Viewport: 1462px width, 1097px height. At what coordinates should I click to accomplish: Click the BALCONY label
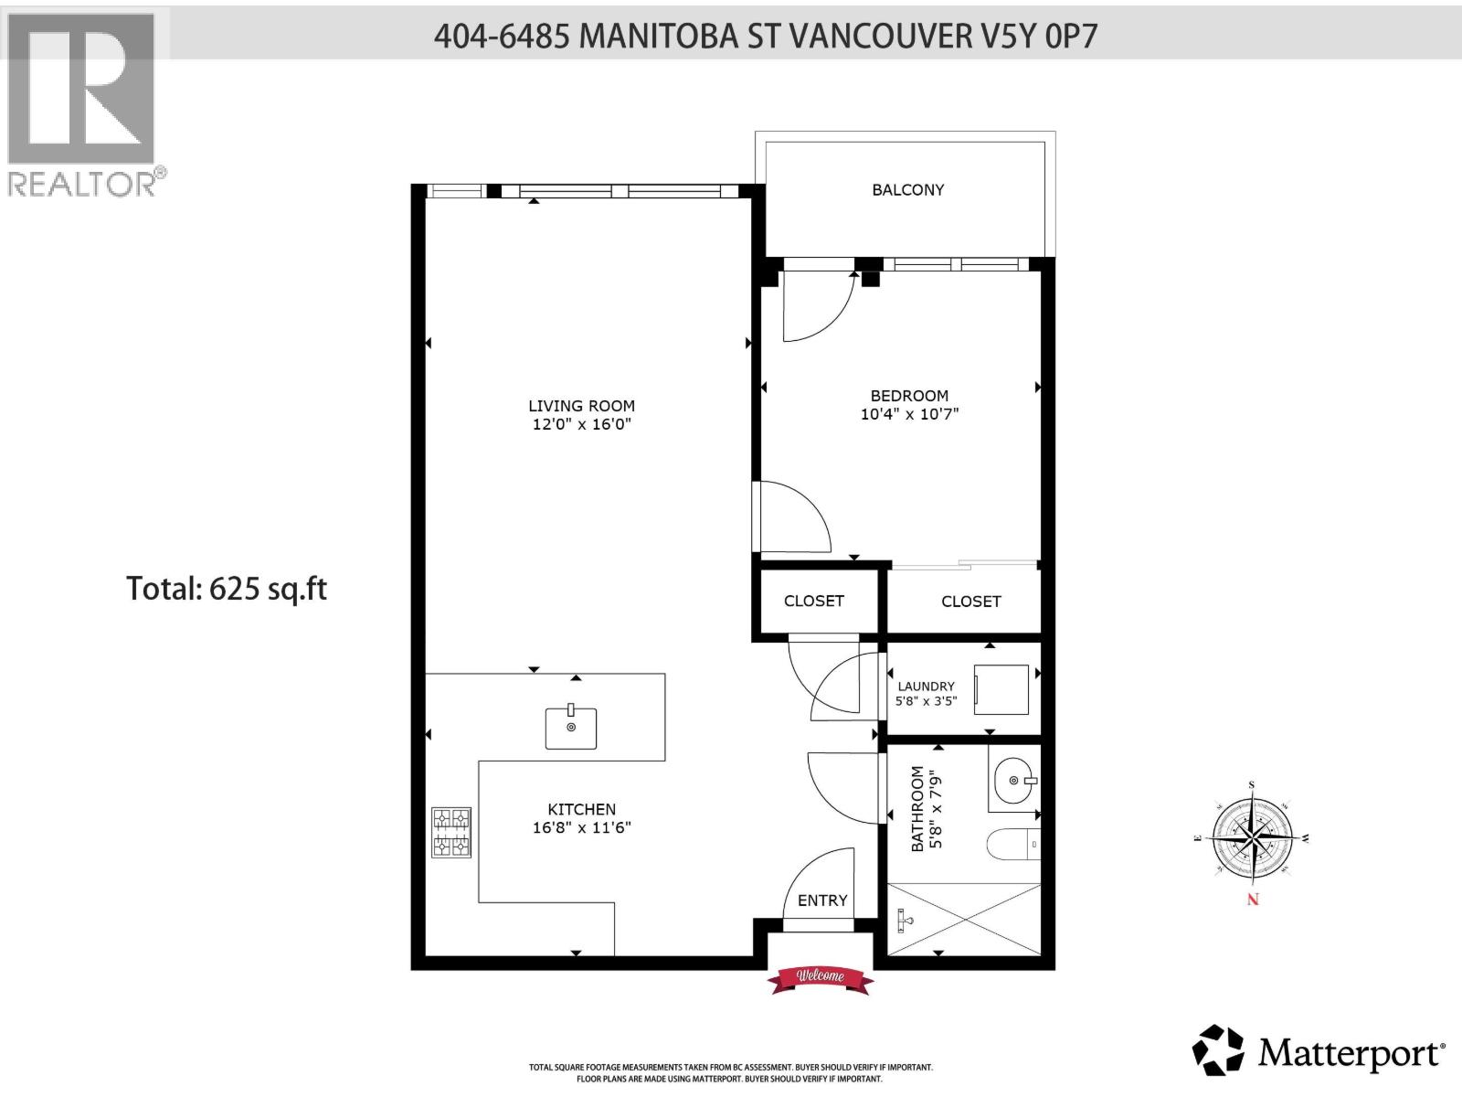[907, 190]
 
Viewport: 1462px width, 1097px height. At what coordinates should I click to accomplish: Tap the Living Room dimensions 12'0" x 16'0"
[581, 424]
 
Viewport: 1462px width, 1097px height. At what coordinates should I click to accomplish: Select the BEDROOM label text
[909, 396]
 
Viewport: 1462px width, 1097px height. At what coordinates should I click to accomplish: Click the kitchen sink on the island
[571, 728]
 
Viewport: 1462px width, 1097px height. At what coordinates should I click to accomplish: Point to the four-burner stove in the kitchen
[451, 832]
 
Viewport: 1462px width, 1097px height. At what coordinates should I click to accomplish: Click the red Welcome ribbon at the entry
[820, 978]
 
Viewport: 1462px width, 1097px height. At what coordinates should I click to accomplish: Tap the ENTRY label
[822, 900]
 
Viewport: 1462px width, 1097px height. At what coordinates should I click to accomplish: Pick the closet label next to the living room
[813, 601]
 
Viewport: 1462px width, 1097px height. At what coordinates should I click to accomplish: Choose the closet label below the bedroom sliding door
[970, 602]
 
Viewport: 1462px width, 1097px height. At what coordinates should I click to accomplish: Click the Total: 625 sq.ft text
[227, 588]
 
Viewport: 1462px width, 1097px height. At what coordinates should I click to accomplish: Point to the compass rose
[1252, 836]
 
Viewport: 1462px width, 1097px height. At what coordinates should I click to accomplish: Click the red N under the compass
[1253, 900]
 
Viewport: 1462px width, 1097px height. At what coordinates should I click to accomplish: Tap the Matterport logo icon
[1218, 1050]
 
